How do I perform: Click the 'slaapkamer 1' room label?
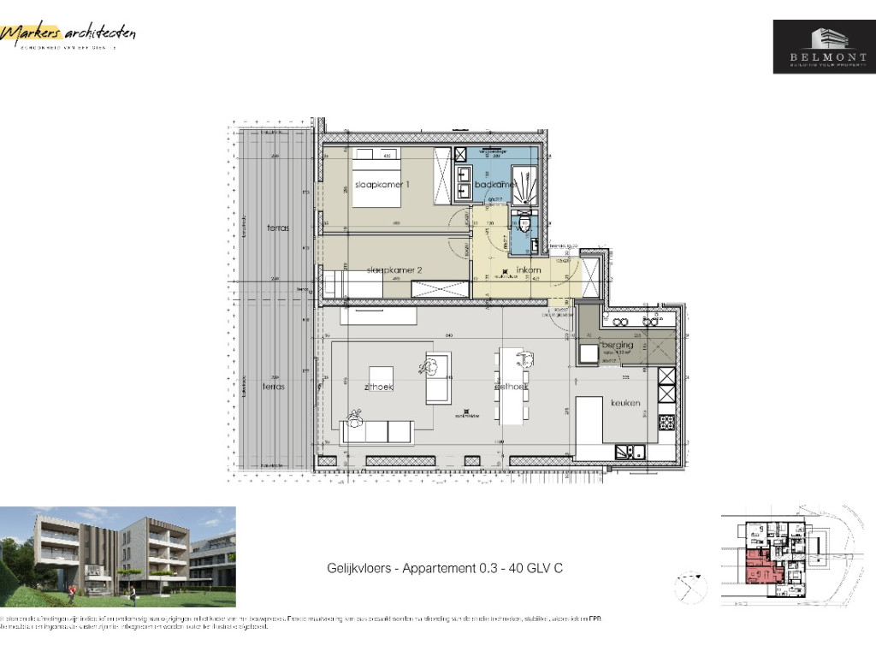click(382, 186)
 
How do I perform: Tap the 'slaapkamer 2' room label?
click(394, 270)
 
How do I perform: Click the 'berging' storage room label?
click(616, 344)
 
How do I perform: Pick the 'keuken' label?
click(625, 402)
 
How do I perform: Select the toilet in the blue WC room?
click(524, 225)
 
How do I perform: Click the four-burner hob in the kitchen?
click(666, 422)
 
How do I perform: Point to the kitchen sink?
click(633, 453)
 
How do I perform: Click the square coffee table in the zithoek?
click(381, 377)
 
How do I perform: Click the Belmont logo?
click(824, 46)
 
